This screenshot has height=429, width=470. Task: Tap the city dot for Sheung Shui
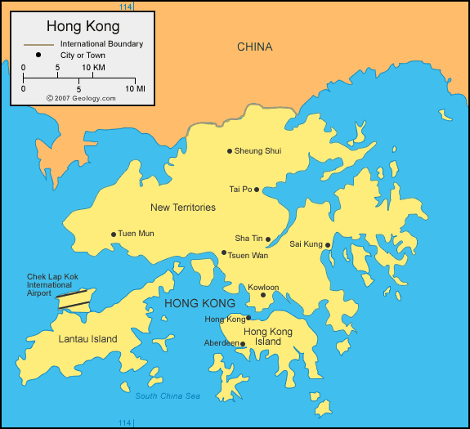[x=230, y=151]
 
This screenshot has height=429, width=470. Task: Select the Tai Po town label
[x=240, y=190]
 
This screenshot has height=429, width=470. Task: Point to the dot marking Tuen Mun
[x=114, y=235]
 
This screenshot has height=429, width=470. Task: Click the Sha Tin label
[x=248, y=239]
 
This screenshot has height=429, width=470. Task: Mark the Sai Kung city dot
[x=328, y=245]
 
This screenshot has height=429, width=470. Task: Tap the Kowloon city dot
[x=263, y=296]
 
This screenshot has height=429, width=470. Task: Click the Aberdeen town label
[x=221, y=343]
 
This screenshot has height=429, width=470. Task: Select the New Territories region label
[x=183, y=208]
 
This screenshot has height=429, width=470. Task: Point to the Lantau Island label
[x=87, y=339]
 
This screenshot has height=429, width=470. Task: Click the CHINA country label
[x=254, y=47]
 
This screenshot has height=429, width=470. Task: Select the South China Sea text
[x=168, y=396]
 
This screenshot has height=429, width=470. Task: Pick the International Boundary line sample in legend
[x=38, y=43]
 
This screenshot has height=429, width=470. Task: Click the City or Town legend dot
[x=38, y=56]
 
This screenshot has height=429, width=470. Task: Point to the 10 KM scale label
[x=93, y=67]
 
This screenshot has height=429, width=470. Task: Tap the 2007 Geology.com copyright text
[x=81, y=97]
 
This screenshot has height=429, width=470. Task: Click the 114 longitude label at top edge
[x=124, y=7]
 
